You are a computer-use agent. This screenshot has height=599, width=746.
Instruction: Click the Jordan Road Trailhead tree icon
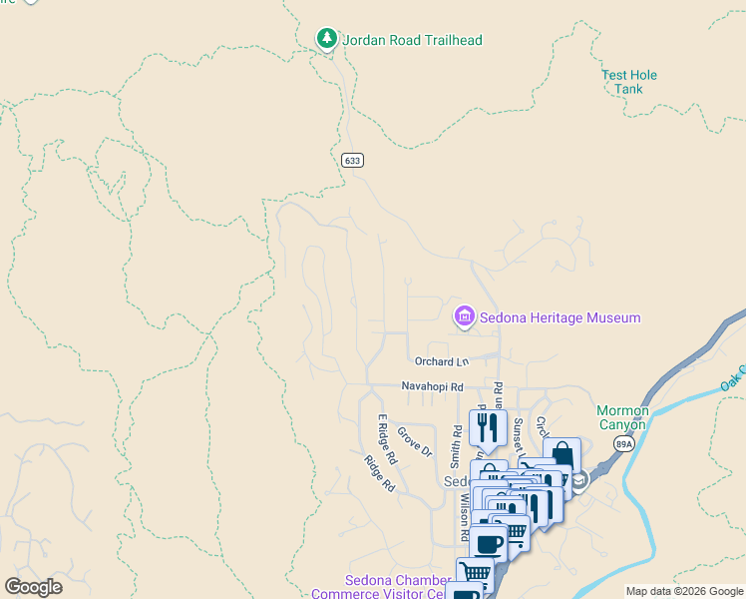[x=326, y=39]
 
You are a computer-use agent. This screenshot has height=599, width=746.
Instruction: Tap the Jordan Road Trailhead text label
[x=413, y=41]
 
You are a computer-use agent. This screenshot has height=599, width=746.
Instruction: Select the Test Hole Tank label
[x=628, y=82]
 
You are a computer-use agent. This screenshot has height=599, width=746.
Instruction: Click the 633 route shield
[x=351, y=160]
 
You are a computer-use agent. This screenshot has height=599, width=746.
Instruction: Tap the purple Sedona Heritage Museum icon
[x=464, y=317]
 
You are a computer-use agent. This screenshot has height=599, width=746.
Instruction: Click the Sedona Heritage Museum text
[x=559, y=318]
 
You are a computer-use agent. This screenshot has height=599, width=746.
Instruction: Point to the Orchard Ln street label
[x=441, y=361]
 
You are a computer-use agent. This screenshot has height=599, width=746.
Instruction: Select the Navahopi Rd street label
[x=433, y=386]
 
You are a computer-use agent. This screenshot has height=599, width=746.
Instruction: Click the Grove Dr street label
[x=414, y=441]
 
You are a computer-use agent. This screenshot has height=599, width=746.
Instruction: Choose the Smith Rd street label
[x=456, y=447]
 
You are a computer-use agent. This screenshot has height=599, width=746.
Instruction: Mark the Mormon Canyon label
[x=622, y=417]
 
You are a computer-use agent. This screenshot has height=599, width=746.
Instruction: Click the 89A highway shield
[x=623, y=445]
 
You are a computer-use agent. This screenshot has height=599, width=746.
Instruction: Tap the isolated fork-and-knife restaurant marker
[x=488, y=427]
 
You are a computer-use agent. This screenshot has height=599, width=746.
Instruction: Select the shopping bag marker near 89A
[x=561, y=455]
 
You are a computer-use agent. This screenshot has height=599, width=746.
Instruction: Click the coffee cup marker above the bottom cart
[x=489, y=545]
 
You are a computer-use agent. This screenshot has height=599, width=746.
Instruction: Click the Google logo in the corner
[x=33, y=587]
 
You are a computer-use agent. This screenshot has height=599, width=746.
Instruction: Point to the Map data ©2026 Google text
[x=684, y=591]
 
